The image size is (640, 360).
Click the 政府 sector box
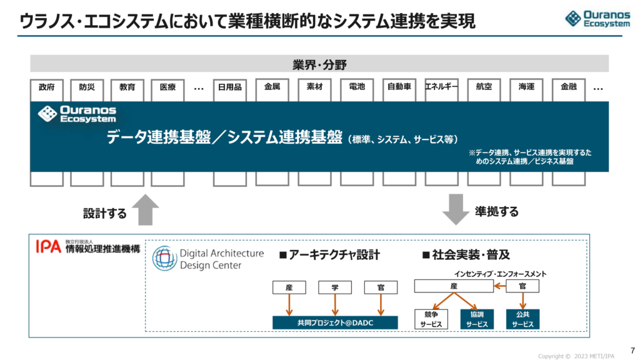(x=47, y=87)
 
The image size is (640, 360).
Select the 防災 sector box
(x=87, y=87)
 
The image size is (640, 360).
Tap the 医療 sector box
(x=167, y=87)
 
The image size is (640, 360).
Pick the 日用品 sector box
(x=229, y=87)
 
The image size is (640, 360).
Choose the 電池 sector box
(x=357, y=87)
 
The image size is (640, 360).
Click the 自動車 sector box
(x=399, y=87)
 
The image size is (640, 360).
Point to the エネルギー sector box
(x=441, y=87)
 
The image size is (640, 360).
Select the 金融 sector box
(x=568, y=87)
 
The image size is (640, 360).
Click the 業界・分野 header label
(x=319, y=64)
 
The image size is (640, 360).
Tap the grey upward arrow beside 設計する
(x=144, y=209)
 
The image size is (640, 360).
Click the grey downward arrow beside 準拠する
(x=456, y=209)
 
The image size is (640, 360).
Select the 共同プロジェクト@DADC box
(x=335, y=322)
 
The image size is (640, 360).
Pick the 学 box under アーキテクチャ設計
(x=335, y=287)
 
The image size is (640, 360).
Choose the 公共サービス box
(x=522, y=319)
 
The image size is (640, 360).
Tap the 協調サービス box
(x=476, y=319)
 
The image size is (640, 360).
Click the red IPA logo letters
(x=48, y=248)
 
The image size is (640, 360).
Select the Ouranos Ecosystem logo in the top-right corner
(x=599, y=18)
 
